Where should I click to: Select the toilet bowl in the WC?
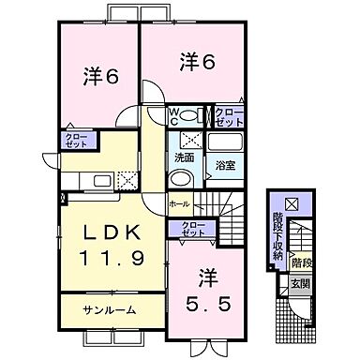(189, 116)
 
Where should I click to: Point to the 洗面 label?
(183, 158)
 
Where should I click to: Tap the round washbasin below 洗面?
(184, 181)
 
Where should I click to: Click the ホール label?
(178, 203)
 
